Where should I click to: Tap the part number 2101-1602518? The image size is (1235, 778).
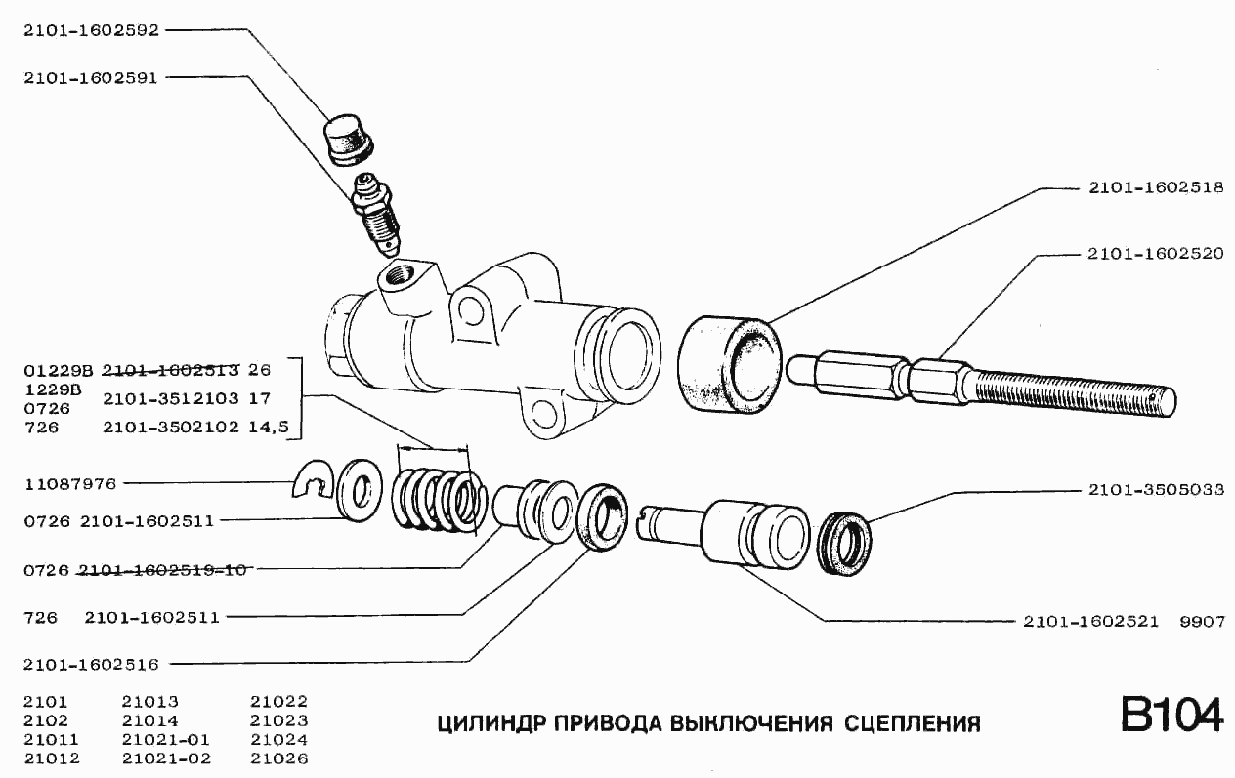click(x=1156, y=188)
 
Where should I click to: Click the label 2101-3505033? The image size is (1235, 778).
click(x=1156, y=490)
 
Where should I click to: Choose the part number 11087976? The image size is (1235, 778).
click(x=70, y=482)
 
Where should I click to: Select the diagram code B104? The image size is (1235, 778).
click(x=1171, y=716)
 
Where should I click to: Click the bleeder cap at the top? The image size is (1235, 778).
click(x=348, y=140)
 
